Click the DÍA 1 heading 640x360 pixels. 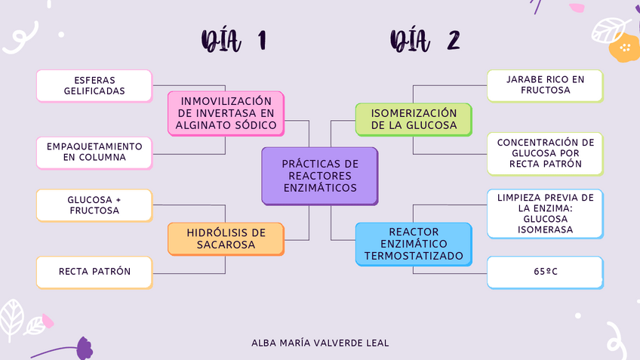click(x=233, y=41)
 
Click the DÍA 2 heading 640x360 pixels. click(x=425, y=41)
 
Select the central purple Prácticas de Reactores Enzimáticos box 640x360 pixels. click(x=319, y=176)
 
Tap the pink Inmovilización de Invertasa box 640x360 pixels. click(x=225, y=112)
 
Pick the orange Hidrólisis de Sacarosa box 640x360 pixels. click(x=225, y=238)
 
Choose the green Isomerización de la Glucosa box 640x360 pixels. click(x=414, y=119)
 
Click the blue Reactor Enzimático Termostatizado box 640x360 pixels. click(x=414, y=244)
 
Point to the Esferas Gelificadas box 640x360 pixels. click(x=94, y=86)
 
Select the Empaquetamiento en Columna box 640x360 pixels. click(x=94, y=152)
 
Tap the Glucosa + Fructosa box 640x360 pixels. click(x=94, y=205)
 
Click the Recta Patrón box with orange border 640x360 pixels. click(x=94, y=272)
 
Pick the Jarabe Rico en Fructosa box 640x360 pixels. click(x=544, y=85)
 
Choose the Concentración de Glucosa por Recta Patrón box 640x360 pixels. click(x=544, y=153)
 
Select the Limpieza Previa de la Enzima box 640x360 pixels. click(x=544, y=214)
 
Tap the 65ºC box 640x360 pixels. click(x=544, y=272)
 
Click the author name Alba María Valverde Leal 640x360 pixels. click(x=320, y=343)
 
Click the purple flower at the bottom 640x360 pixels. click(x=84, y=349)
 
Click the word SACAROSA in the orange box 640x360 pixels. click(x=226, y=245)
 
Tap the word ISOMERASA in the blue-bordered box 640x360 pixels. click(x=545, y=229)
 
